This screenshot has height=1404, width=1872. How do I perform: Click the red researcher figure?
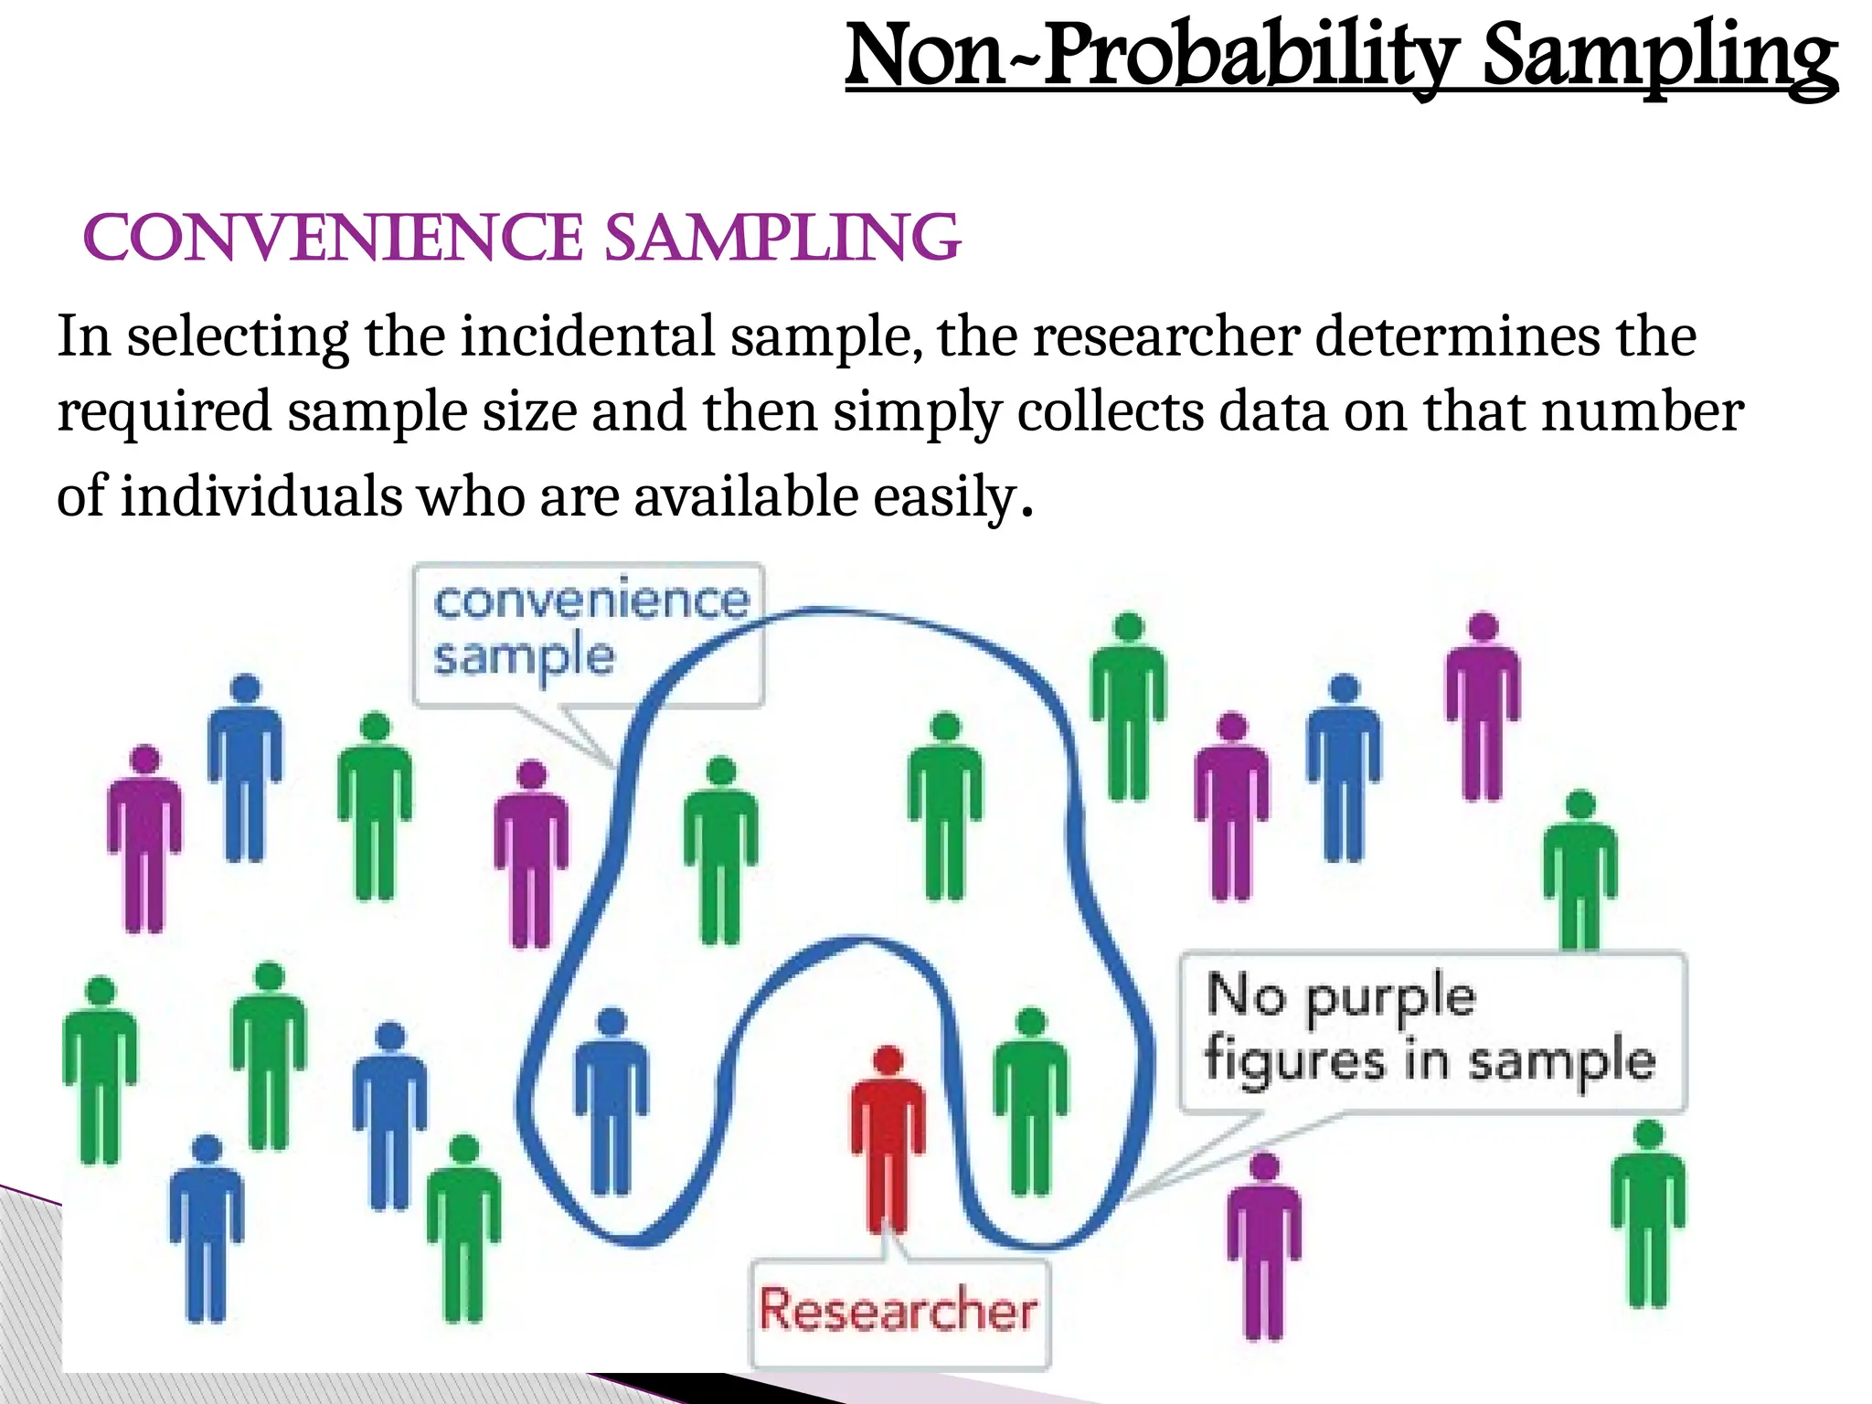888,1143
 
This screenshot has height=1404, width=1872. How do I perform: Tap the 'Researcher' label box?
899,1313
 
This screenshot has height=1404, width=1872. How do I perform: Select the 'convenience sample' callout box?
589,633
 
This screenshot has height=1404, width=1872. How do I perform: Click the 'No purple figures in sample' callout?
1431,1030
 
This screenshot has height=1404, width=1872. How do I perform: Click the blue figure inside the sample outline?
612,1101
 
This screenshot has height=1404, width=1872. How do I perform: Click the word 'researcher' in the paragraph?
1166,336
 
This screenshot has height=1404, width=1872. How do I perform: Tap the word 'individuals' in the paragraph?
261,497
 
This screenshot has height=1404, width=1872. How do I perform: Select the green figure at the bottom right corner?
1648,1216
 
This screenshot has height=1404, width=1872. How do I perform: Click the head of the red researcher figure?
888,1061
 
